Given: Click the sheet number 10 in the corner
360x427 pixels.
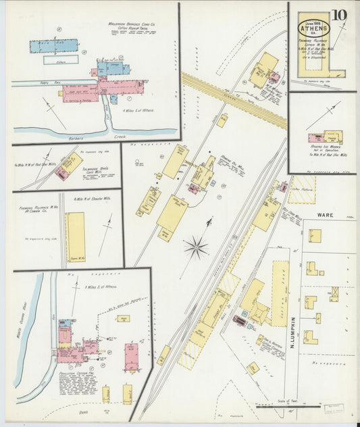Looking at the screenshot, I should pos(340,14).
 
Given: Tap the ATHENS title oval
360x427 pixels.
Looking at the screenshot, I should pos(314,28).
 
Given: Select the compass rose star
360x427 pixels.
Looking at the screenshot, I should pos(196,248).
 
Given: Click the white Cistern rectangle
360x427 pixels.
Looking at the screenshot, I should pos(61,59).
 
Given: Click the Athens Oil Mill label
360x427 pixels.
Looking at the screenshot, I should pos(213,159).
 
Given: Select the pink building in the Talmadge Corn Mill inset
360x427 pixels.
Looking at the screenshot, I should pos(62,174).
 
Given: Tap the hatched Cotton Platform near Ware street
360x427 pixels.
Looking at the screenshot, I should pos(301,189).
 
